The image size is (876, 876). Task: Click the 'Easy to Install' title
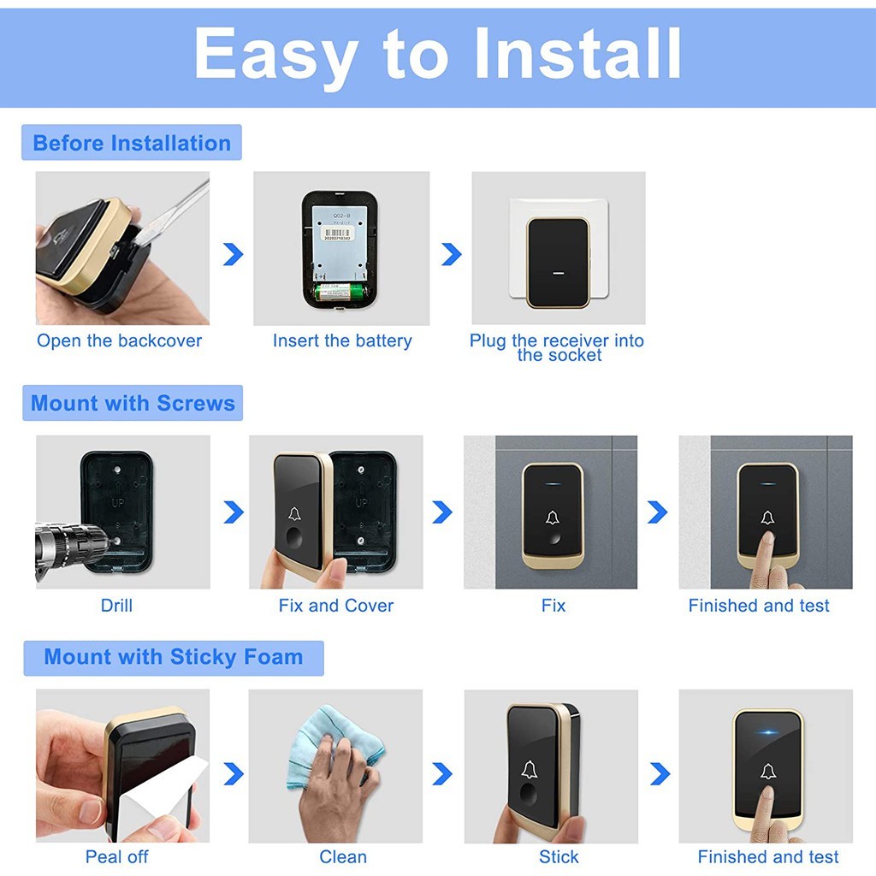tap(437, 56)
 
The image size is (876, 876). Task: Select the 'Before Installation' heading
tap(132, 143)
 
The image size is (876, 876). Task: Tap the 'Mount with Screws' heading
tap(133, 403)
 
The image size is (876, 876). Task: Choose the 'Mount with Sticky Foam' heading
tap(173, 656)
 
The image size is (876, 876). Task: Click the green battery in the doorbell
tap(340, 292)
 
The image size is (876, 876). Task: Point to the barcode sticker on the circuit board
tap(337, 234)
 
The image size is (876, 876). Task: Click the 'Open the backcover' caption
tap(120, 340)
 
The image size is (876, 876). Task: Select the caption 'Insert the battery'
tap(342, 340)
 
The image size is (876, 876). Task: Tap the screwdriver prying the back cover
tap(170, 213)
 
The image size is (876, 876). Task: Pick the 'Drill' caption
tap(116, 606)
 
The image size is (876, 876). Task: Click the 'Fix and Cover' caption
tap(336, 606)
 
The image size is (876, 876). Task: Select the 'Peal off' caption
tap(116, 856)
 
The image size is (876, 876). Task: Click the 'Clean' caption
tap(343, 856)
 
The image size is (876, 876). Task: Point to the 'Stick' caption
tap(559, 856)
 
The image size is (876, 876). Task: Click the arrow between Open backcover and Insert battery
tap(234, 254)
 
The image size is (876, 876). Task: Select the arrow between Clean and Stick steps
tap(442, 773)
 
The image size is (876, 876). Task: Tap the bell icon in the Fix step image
tap(553, 518)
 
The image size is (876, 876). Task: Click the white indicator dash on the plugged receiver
tap(558, 273)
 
